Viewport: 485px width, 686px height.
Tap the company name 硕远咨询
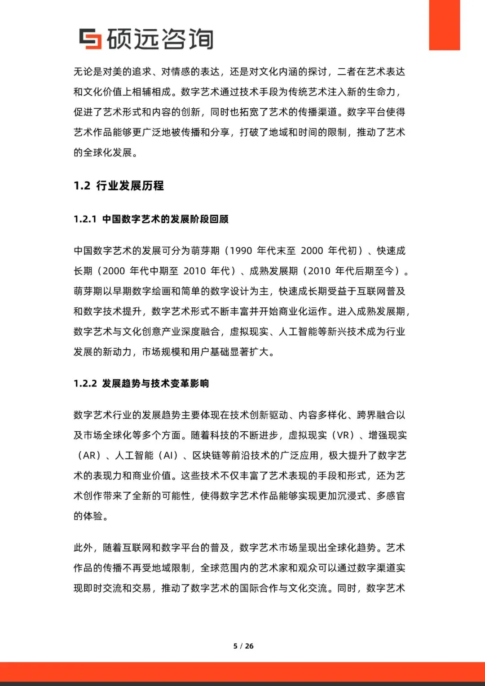(x=159, y=39)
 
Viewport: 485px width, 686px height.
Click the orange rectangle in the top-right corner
(x=444, y=25)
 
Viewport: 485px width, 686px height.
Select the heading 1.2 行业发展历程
(x=119, y=186)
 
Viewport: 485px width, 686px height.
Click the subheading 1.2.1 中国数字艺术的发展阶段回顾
(x=151, y=219)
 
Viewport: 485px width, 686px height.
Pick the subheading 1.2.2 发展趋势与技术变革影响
(x=141, y=383)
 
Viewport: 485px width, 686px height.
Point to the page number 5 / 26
(x=243, y=646)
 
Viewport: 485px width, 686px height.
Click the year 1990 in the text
(x=241, y=251)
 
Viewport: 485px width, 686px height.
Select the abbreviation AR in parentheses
(x=89, y=456)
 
